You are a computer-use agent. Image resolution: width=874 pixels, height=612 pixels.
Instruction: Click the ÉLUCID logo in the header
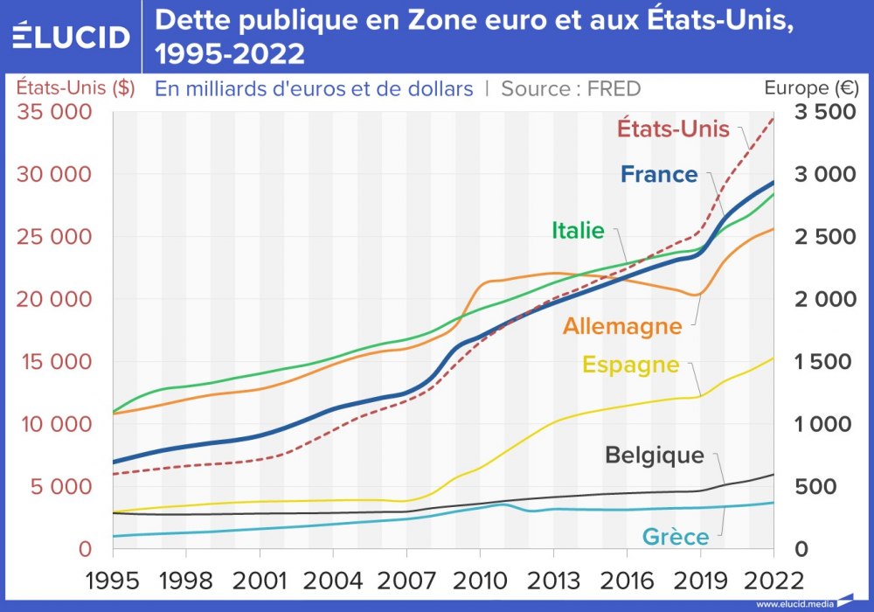71,37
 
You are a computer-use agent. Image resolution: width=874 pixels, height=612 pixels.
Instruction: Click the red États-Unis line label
673,128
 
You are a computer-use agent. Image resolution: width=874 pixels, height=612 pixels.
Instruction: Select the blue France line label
659,174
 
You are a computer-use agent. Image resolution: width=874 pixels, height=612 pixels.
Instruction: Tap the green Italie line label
578,231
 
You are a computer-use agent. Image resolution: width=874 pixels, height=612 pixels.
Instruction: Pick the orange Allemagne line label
622,327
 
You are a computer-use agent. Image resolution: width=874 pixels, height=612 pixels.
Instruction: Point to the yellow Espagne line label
630,365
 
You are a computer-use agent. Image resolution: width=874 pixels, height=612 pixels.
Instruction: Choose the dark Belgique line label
655,456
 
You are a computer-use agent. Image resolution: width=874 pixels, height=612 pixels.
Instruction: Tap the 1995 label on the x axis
113,580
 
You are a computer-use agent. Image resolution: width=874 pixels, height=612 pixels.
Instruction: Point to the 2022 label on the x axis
773,580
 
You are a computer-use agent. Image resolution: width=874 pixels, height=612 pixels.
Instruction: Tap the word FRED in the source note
614,88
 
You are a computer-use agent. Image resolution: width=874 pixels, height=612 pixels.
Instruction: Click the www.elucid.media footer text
794,604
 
